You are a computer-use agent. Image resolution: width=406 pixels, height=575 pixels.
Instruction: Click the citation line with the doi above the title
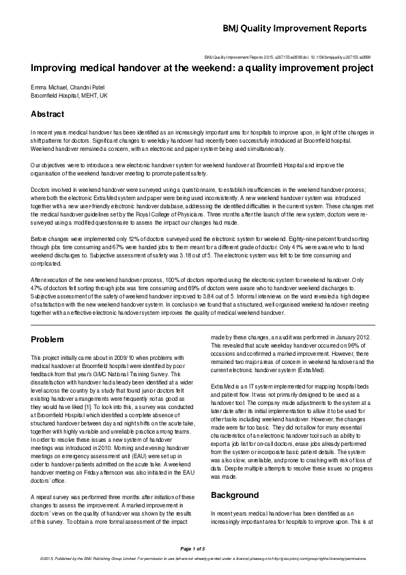287,57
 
